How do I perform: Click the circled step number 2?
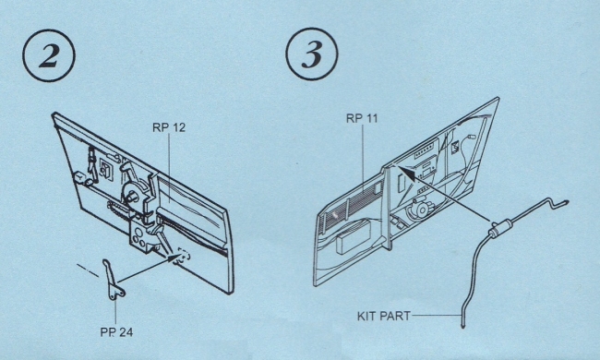(49, 55)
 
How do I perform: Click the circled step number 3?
(312, 54)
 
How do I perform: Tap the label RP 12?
(169, 127)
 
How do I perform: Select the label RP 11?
(362, 118)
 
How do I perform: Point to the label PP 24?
(116, 332)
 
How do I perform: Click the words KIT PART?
(384, 316)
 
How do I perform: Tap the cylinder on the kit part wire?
(501, 228)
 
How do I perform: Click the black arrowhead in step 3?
(406, 173)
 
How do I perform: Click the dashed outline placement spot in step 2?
(184, 256)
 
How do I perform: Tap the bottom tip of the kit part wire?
(463, 327)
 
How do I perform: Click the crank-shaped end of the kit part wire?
(554, 204)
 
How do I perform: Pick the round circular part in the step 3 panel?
(421, 210)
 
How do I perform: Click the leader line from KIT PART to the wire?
(436, 316)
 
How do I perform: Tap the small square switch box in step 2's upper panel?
(106, 169)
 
